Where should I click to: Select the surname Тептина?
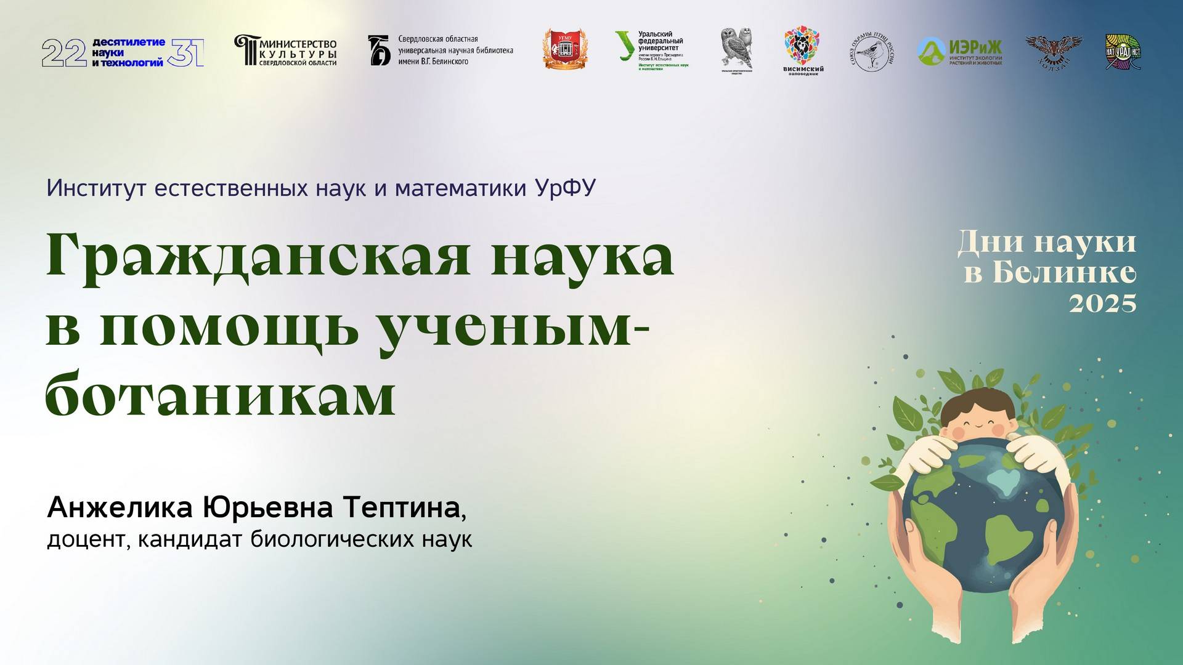click(x=401, y=507)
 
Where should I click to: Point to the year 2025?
click(x=1102, y=304)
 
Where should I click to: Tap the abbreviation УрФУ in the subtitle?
click(x=565, y=188)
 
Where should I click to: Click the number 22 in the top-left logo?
click(x=64, y=53)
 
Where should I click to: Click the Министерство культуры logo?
click(x=285, y=50)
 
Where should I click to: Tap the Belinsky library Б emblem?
click(x=379, y=50)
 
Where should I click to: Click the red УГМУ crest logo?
click(x=564, y=49)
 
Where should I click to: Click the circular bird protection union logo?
click(x=872, y=51)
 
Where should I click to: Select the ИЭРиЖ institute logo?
click(x=959, y=51)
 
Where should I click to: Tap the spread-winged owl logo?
click(x=1053, y=47)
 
